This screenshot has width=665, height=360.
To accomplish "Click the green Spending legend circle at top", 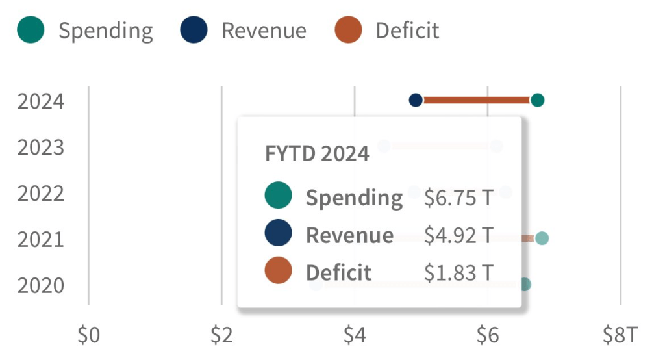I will (x=31, y=30).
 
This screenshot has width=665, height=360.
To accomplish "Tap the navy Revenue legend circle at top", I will (x=194, y=30).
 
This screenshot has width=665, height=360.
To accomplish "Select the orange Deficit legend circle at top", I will (x=348, y=30).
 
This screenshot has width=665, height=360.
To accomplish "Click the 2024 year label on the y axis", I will (x=41, y=101).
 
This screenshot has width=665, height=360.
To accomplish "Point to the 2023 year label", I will (x=41, y=148).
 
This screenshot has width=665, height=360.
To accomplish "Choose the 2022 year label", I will (x=41, y=194).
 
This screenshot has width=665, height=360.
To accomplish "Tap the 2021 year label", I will (x=41, y=240).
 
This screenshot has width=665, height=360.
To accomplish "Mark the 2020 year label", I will (x=41, y=286).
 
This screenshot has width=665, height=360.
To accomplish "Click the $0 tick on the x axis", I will (x=88, y=335).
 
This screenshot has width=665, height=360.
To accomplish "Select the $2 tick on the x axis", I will (x=221, y=335).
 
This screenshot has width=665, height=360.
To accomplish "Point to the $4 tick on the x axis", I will (x=355, y=335).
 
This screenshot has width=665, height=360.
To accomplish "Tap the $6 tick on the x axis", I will (x=488, y=335).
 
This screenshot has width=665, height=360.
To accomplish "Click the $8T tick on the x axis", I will (x=621, y=335).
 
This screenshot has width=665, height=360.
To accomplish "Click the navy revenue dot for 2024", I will (x=416, y=100).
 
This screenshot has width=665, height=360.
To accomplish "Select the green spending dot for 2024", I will (x=537, y=100).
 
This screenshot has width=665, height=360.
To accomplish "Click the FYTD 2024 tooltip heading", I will (x=317, y=154).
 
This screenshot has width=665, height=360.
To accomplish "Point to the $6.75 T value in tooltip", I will (x=458, y=198).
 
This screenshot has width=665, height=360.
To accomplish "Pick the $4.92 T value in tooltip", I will (x=458, y=235).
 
